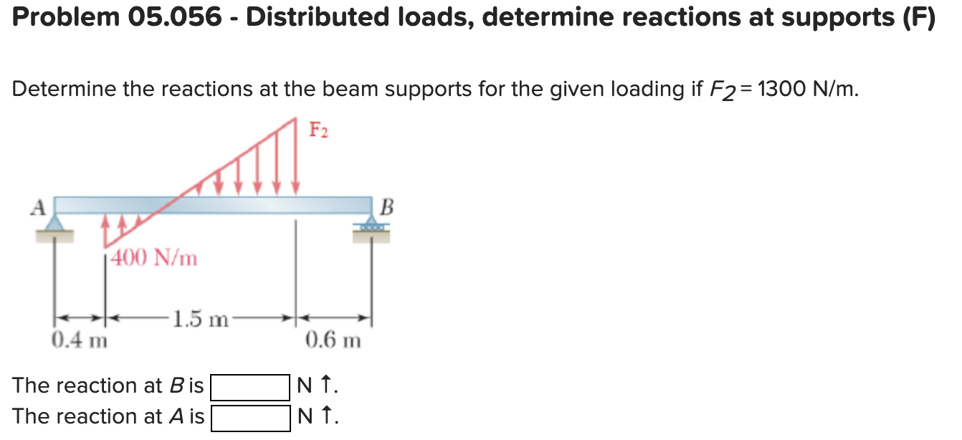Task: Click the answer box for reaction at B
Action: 249,387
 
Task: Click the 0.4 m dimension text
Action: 79,339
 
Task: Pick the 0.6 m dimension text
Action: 333,339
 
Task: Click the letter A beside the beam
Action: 39,207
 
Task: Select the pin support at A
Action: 55,225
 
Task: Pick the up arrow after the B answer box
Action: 327,387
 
